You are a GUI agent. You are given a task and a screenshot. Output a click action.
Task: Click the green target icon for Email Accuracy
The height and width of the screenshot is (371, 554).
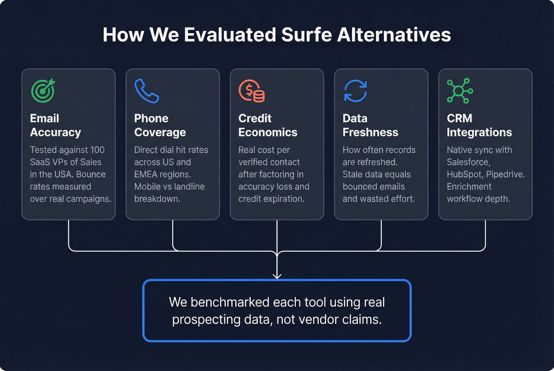(43, 91)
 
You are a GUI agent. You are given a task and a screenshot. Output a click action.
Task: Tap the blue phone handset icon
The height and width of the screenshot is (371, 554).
(146, 91)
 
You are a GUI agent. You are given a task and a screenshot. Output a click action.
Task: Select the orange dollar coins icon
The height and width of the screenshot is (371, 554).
(252, 91)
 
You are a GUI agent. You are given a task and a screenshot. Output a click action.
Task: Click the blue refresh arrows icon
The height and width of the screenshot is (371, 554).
(355, 91)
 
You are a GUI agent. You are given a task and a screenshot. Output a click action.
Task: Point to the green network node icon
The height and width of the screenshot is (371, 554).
(459, 91)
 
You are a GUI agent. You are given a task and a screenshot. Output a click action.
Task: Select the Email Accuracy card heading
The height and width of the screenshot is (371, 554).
(55, 125)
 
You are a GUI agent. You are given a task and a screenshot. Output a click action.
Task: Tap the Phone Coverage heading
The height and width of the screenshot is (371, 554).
(160, 125)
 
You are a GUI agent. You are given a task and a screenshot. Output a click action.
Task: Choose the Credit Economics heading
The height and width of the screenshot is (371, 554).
(268, 125)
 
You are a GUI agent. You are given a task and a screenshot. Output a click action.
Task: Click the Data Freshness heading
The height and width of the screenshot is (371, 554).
(370, 125)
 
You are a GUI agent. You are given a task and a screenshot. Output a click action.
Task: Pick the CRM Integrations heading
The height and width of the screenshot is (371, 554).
(479, 125)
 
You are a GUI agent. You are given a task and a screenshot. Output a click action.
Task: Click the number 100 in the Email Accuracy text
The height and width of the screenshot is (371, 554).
(97, 150)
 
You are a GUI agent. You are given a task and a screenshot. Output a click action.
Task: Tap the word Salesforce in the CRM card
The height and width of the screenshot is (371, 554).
(468, 162)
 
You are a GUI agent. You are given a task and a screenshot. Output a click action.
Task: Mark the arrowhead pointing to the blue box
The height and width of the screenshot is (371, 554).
(277, 276)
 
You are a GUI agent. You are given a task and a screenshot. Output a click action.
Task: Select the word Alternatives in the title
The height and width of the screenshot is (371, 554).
(394, 35)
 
